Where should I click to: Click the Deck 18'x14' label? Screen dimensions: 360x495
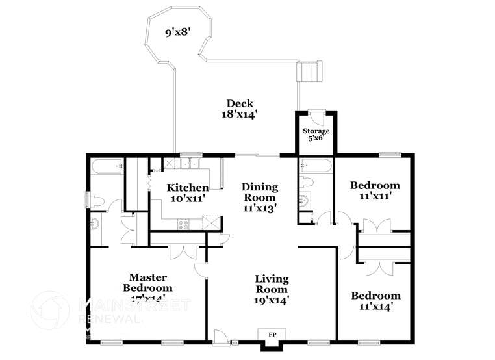[240, 108]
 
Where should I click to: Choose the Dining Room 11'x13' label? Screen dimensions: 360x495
[260, 198]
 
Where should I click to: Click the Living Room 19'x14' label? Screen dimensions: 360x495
[272, 289]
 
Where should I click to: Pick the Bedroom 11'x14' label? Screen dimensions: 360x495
[375, 300]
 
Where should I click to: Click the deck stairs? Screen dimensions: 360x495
[309, 71]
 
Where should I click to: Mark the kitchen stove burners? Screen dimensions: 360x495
[184, 224]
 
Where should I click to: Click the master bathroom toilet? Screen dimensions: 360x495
[95, 199]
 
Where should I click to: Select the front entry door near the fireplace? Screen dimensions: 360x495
[221, 337]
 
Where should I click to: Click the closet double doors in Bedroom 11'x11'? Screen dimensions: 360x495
[377, 226]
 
